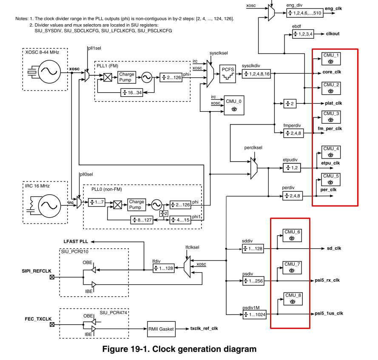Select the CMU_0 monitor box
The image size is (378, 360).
234,105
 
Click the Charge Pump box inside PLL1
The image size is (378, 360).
127,77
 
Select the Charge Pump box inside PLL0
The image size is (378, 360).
136,204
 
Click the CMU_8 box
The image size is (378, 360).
293,299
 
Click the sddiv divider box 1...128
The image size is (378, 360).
253,249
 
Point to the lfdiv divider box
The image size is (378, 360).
164,268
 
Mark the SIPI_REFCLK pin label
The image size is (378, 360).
37,270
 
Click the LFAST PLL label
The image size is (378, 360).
75,241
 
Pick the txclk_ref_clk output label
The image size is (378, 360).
204,329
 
